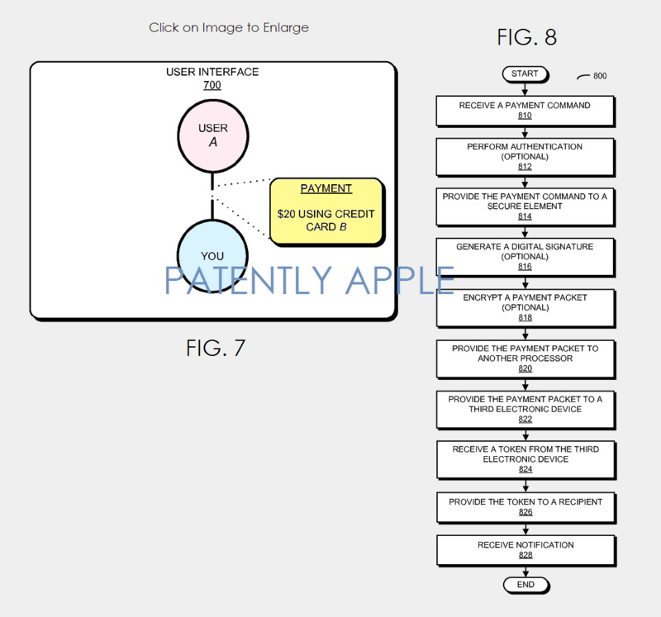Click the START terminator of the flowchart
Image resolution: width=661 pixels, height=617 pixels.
coord(525,74)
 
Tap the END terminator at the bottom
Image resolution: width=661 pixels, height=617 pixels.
coord(525,585)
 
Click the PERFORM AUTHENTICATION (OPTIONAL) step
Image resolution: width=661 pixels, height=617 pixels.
coord(525,156)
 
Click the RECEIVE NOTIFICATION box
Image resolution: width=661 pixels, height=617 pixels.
coord(525,550)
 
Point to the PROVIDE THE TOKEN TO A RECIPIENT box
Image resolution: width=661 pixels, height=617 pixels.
coord(525,506)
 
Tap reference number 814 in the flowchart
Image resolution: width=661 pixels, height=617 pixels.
coord(525,216)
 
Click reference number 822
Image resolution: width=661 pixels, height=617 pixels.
coord(525,420)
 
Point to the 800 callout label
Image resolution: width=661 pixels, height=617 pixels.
coord(599,76)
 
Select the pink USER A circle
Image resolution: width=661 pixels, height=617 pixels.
coord(213,135)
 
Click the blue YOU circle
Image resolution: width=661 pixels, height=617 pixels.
coord(212,255)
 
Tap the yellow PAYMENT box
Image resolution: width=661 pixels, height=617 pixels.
coord(326,211)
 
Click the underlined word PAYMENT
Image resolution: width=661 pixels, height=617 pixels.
coord(326,188)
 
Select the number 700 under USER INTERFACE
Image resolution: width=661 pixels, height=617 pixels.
coord(212,85)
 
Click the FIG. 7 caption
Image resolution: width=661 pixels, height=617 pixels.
coord(215,348)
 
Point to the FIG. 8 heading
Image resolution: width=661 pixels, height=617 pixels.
coord(526,36)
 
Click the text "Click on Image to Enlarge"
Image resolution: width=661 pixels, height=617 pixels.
coord(229,27)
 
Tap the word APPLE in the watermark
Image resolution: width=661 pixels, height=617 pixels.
coord(398,281)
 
